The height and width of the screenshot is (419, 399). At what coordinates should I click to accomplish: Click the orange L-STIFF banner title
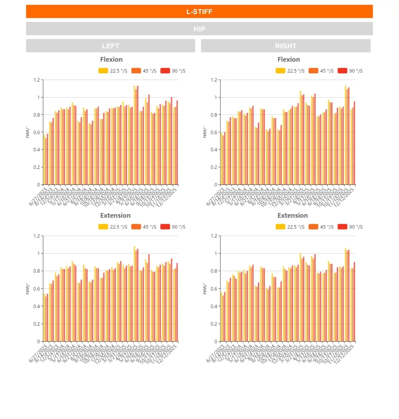point(199,12)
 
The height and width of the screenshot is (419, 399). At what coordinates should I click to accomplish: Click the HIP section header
point(199,29)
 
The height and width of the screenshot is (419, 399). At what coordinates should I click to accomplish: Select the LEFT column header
point(111,46)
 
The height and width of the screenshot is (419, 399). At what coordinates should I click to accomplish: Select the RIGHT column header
point(286,46)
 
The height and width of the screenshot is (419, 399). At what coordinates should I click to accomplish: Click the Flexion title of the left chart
point(111,60)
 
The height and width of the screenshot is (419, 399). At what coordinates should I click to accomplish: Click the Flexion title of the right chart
point(288,60)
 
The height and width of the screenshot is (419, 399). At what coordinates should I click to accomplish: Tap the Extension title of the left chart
point(115,216)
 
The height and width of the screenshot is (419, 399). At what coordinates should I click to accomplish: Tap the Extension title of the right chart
point(292,216)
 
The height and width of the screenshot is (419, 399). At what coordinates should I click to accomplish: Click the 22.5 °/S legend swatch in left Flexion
point(103,71)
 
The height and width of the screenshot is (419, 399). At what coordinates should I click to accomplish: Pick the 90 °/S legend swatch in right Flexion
point(342,71)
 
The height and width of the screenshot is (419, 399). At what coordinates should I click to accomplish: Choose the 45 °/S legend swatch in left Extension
point(136,227)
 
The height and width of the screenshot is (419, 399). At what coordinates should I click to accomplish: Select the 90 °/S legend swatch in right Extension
point(342,227)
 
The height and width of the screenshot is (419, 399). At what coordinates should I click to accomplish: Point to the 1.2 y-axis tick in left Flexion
point(36,80)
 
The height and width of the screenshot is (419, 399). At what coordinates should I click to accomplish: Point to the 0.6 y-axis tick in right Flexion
point(214,132)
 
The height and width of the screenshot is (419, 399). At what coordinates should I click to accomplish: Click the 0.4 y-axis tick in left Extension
point(36,306)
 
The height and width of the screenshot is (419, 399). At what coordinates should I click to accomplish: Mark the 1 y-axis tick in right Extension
point(216,253)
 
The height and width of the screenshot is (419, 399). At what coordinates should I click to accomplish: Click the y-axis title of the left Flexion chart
point(28,132)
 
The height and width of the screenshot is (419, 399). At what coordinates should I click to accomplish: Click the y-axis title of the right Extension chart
point(205,288)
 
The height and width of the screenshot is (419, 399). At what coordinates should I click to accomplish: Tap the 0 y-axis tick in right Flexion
point(216,185)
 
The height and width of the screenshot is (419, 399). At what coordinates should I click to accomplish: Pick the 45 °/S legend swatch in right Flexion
point(313,71)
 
